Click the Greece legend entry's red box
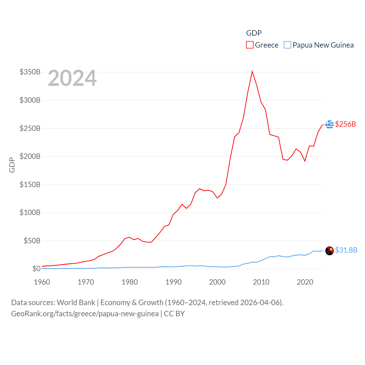[x=250, y=45]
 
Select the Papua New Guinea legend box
[x=287, y=45]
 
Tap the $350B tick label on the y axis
[x=30, y=72]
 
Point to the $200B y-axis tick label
[x=30, y=156]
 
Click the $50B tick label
[x=32, y=241]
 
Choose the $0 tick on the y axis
[x=36, y=269]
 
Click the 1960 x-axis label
[x=42, y=282]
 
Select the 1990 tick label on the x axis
[x=173, y=282]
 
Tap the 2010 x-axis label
[x=261, y=282]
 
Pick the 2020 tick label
[x=305, y=282]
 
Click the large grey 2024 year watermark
[x=72, y=78]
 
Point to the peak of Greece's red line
[x=252, y=71]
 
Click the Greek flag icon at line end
[x=330, y=124]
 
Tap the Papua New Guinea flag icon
[x=330, y=251]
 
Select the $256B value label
[x=346, y=124]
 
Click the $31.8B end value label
[x=346, y=250]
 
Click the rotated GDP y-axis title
[x=12, y=165]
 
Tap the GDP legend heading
[x=254, y=33]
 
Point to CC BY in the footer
[x=174, y=314]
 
